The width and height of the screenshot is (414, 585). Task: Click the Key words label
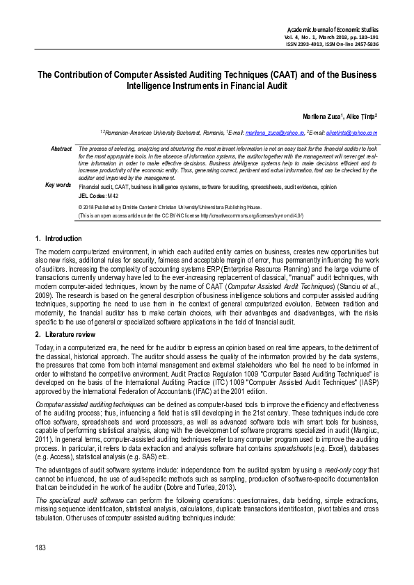pos(58,185)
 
